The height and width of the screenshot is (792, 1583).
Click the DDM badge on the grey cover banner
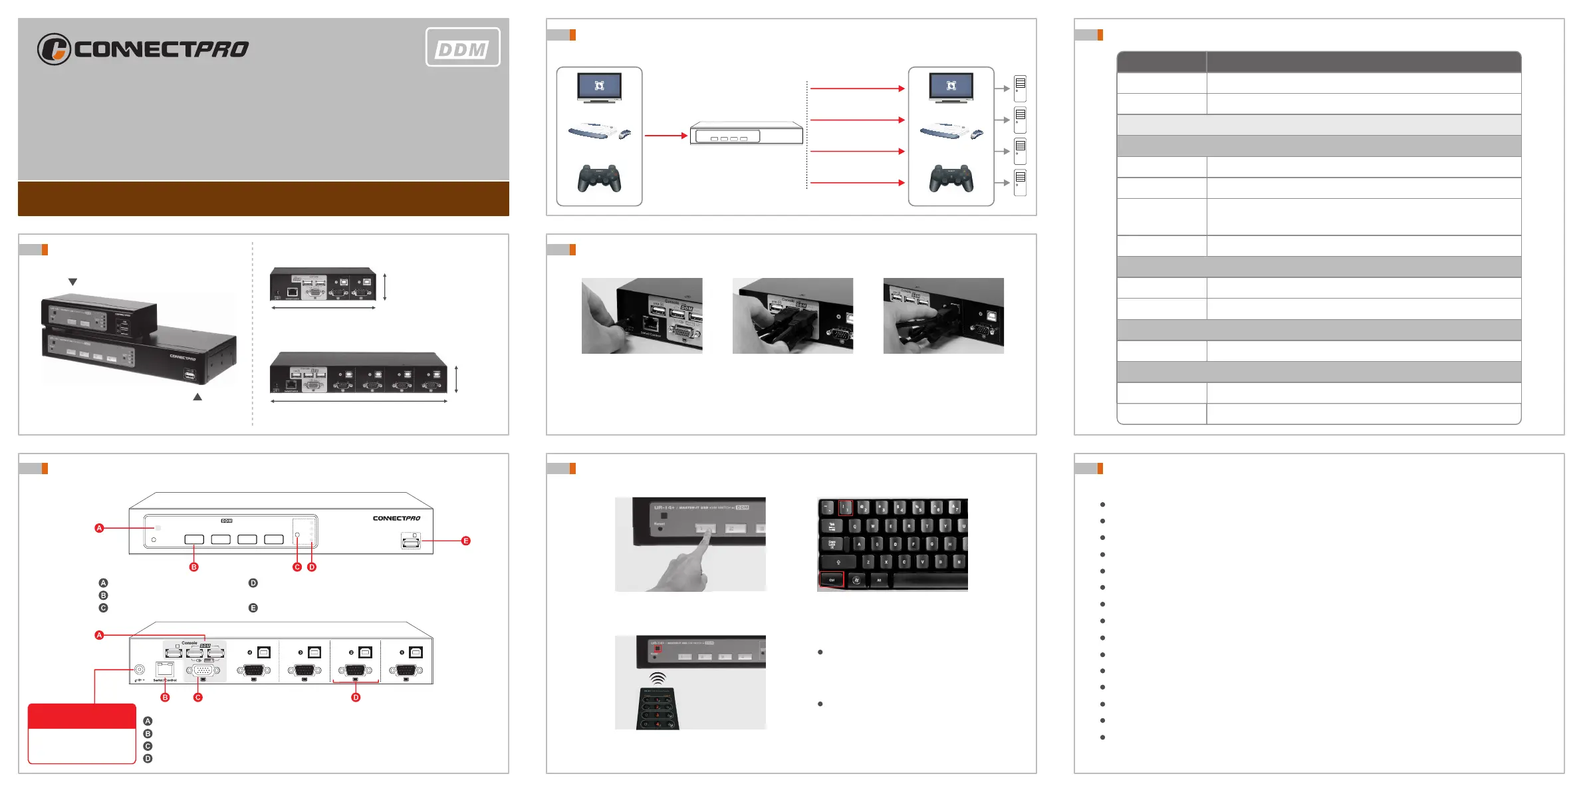[463, 47]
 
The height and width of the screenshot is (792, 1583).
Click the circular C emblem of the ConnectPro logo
[54, 49]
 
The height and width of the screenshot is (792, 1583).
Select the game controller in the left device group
[599, 178]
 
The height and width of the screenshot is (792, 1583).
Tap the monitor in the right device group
[951, 88]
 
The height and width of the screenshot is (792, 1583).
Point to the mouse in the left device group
[625, 134]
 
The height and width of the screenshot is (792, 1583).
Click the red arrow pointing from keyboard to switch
[666, 136]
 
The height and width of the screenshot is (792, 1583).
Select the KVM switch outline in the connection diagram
[746, 134]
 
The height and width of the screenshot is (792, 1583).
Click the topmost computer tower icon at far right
[1020, 88]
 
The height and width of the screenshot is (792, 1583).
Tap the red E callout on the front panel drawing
[465, 541]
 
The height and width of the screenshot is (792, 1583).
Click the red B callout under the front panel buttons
[194, 567]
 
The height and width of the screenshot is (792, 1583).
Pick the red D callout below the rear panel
[356, 698]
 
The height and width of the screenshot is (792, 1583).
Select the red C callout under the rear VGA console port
[197, 698]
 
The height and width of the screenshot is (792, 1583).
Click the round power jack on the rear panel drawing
[140, 669]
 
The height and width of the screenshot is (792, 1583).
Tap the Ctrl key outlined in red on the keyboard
[831, 580]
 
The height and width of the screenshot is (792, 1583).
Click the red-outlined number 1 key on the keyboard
[845, 509]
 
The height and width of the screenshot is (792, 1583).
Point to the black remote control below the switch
[658, 709]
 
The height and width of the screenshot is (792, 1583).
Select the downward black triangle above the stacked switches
[73, 282]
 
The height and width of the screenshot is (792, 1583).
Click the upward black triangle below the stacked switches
[197, 397]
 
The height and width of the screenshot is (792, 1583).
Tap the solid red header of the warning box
[82, 716]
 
